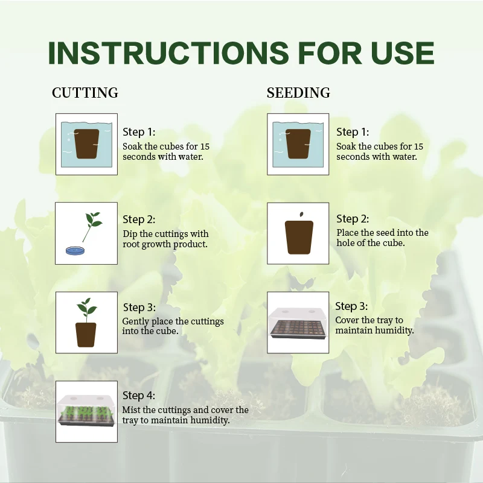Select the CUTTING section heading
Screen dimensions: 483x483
pyautogui.click(x=85, y=93)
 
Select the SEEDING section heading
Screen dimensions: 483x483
pyautogui.click(x=298, y=93)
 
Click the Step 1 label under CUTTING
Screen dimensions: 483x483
pyautogui.click(x=139, y=132)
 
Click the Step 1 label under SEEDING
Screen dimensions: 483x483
pyautogui.click(x=353, y=132)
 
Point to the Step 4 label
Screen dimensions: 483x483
pyautogui.click(x=139, y=396)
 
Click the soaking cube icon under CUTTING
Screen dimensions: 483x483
pyautogui.click(x=86, y=144)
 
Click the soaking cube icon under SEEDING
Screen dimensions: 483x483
pyautogui.click(x=298, y=144)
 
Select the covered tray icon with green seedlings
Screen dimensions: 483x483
pyautogui.click(x=86, y=411)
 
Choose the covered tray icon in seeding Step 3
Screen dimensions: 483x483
pyautogui.click(x=298, y=324)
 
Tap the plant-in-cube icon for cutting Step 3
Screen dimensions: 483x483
pyautogui.click(x=86, y=323)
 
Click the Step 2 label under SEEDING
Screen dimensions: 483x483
pyautogui.click(x=353, y=219)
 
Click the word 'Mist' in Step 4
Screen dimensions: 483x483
pyautogui.click(x=133, y=410)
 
